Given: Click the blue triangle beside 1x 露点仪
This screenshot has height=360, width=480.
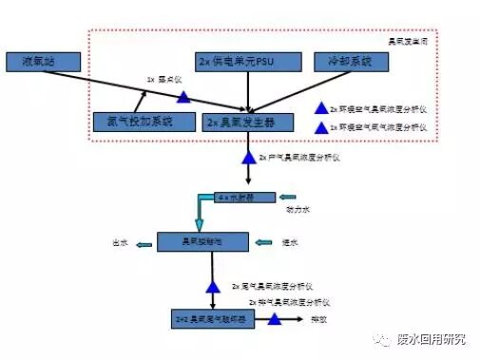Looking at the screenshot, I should coord(182,95).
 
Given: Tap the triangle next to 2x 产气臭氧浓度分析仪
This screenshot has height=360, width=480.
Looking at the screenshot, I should coord(248,155).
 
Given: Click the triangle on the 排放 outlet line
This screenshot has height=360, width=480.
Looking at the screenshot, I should coord(275,320).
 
